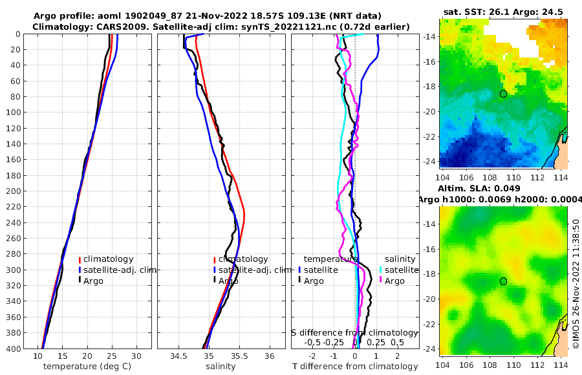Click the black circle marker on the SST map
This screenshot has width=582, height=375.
click(x=504, y=93)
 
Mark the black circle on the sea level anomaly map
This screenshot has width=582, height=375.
click(x=504, y=281)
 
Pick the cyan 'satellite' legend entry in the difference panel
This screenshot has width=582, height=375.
click(x=402, y=270)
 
